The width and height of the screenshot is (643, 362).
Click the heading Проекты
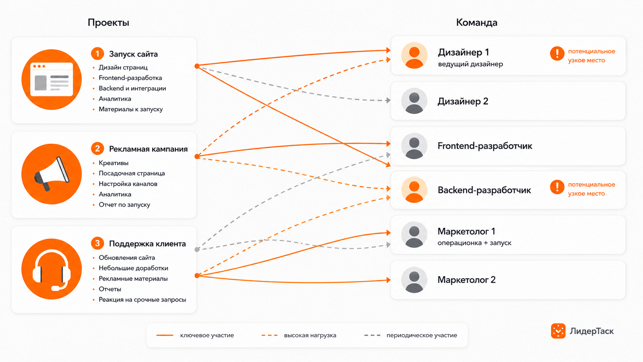108,22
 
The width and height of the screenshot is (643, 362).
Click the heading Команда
476,22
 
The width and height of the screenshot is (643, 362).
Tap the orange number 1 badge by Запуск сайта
97,54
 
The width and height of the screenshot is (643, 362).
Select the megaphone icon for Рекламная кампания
52,174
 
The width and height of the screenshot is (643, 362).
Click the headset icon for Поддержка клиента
52,269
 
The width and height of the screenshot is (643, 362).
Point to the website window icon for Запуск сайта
52,80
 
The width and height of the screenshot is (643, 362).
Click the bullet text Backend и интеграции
132,88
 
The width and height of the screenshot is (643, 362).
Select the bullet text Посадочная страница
132,173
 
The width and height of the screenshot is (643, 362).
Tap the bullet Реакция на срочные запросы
142,299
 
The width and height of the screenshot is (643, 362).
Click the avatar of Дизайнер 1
414,55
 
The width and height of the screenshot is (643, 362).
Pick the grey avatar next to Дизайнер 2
414,101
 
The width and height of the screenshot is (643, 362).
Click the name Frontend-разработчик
485,146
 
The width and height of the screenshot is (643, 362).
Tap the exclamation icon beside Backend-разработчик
557,187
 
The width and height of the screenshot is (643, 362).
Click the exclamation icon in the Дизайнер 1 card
557,53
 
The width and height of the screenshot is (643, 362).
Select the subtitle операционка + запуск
474,243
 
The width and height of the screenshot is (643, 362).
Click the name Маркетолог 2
466,280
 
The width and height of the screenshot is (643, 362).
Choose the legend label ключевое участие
207,335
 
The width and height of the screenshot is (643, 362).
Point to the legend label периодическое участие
422,335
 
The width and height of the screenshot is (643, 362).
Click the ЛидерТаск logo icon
558,331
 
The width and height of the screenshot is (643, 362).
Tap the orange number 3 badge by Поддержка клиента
97,244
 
